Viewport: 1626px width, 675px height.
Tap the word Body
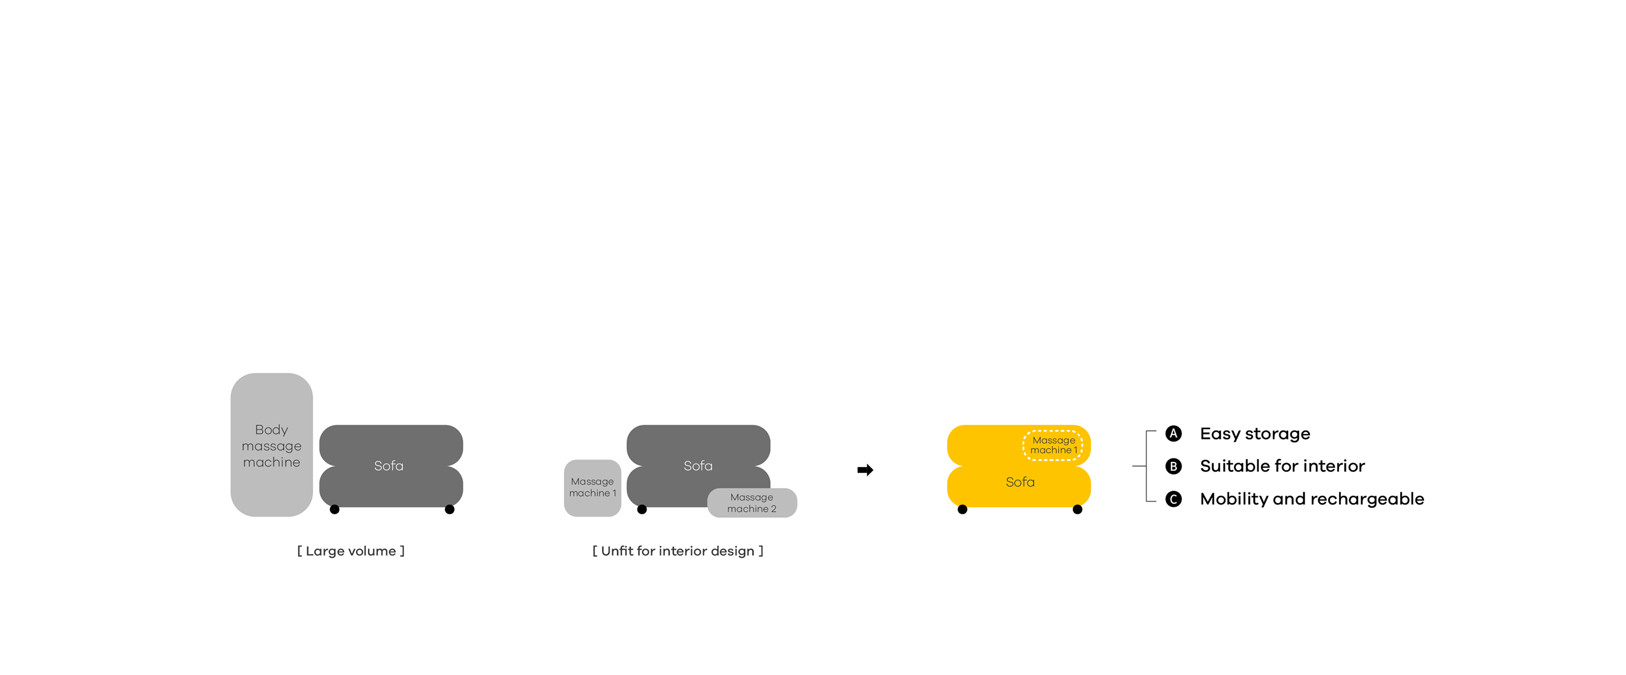271,429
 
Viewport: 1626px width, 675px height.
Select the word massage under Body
271,446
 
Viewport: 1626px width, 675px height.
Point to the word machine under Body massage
271,463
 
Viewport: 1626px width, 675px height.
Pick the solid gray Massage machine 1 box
592,488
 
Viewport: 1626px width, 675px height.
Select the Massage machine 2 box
752,503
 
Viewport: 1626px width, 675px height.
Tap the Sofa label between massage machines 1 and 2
698,465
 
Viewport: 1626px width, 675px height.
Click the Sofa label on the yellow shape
1020,482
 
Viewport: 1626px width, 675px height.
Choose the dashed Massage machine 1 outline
1053,445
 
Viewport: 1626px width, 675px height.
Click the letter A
1174,434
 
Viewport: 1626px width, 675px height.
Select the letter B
1174,466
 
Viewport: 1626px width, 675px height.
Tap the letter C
1174,500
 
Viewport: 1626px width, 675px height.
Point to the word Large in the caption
325,551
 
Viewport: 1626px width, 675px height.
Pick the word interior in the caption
682,551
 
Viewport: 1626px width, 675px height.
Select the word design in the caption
732,551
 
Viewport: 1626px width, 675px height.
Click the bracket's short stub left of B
1139,466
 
